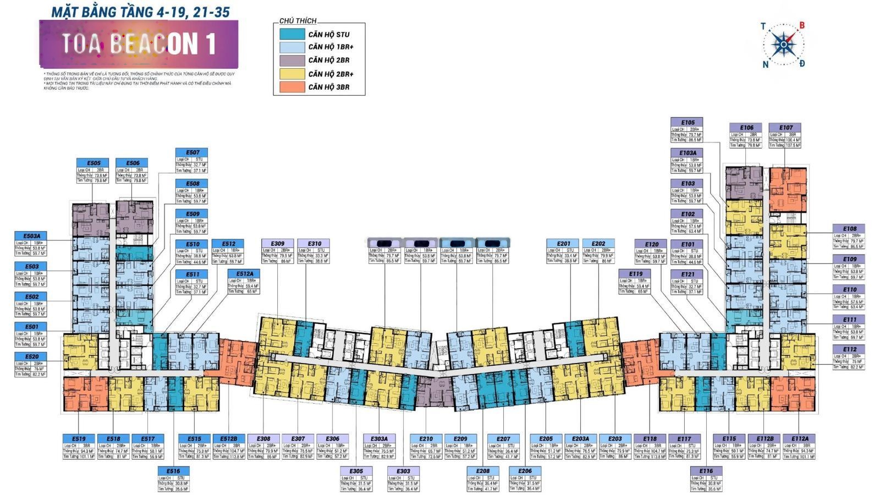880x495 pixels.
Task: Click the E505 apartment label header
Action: pos(93,163)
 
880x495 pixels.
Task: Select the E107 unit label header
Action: pos(785,128)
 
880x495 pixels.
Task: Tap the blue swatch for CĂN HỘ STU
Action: pos(292,34)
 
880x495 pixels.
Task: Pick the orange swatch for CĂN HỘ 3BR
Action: pos(292,87)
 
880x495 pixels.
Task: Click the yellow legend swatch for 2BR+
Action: pos(292,74)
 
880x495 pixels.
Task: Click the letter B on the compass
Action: pos(802,25)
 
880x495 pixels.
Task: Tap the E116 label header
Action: pos(706,471)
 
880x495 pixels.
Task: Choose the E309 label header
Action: pos(277,244)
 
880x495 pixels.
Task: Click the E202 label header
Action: pos(598,244)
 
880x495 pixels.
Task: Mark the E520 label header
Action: pos(31,357)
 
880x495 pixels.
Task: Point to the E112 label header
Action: pos(849,349)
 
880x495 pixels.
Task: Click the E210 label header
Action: pos(426,439)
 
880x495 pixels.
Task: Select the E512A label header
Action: pos(244,274)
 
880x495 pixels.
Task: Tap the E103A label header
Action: pos(687,153)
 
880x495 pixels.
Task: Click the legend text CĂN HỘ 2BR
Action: pos(328,61)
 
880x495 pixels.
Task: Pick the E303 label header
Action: pos(403,471)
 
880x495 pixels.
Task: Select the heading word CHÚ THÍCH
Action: pos(298,21)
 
